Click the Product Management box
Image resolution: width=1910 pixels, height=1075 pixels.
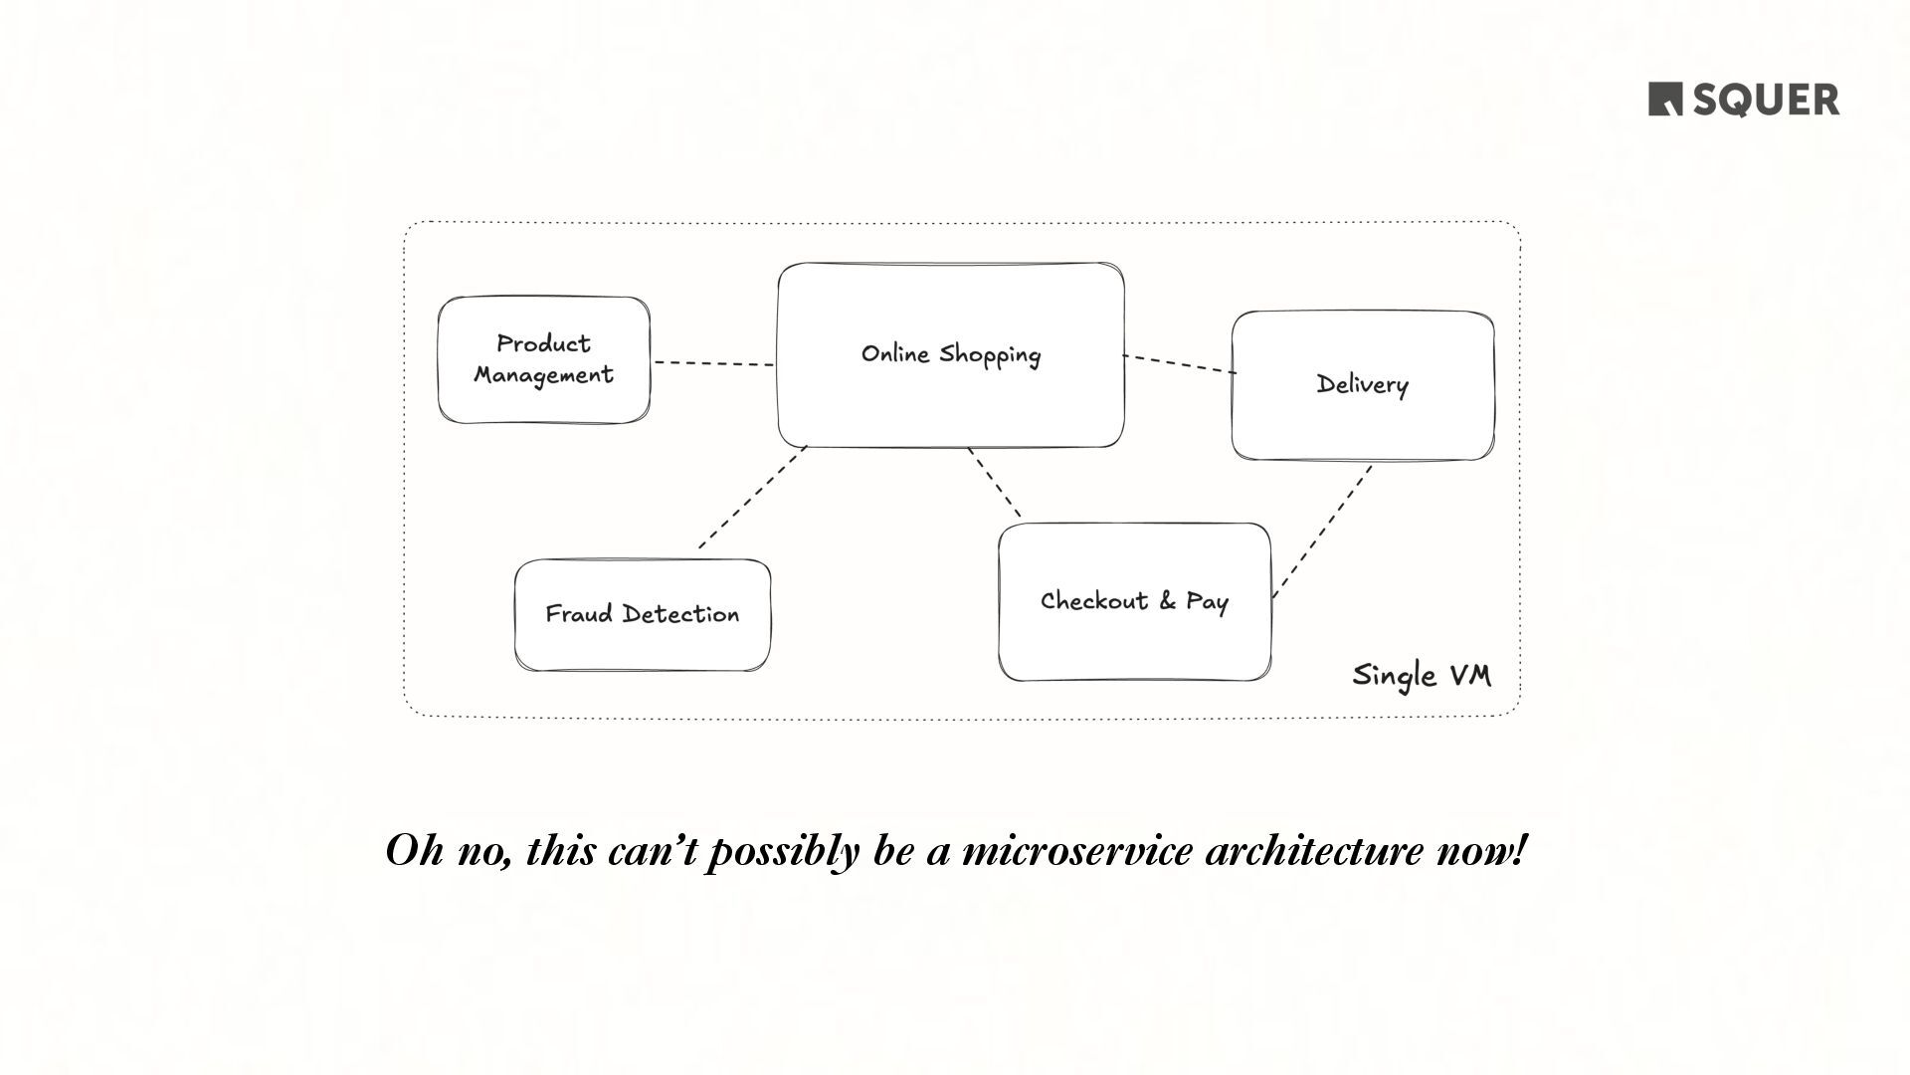click(543, 359)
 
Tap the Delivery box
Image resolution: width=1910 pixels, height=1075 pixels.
click(1362, 385)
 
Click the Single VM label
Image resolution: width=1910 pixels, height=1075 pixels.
click(1422, 676)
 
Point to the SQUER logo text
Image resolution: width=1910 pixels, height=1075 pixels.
click(1766, 101)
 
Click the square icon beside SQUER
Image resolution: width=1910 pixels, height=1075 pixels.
click(1665, 100)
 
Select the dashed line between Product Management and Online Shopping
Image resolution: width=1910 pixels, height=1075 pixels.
click(713, 363)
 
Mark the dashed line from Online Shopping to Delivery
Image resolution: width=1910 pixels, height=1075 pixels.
click(1179, 364)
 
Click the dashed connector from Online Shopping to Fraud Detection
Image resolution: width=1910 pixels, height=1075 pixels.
click(751, 498)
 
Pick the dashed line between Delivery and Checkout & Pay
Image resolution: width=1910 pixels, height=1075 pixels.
click(1322, 532)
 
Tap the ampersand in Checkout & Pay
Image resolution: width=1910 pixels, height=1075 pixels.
click(1167, 601)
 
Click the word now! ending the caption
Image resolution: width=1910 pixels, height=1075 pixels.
click(1480, 852)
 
